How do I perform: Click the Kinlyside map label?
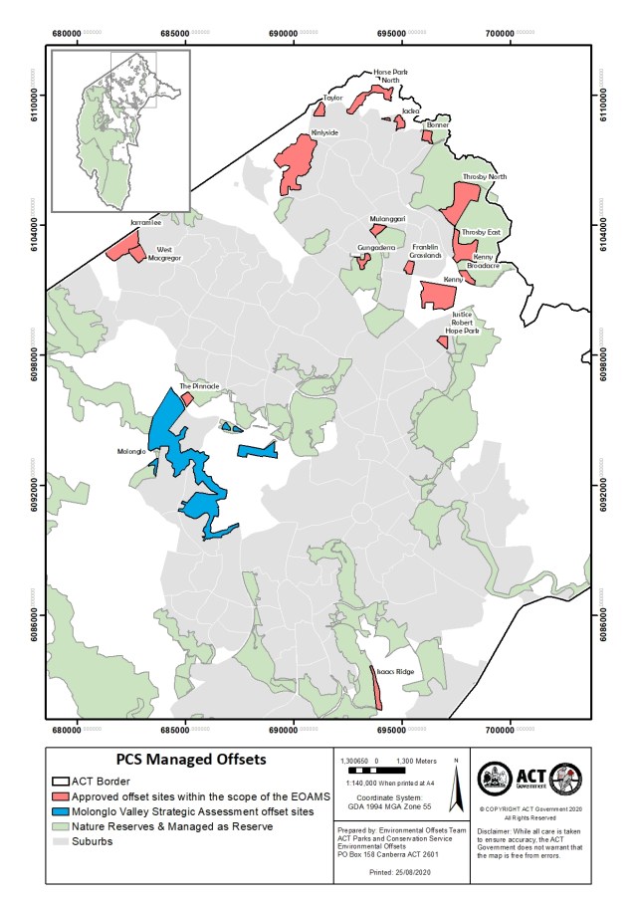pyautogui.click(x=325, y=131)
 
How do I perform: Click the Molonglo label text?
pyautogui.click(x=132, y=451)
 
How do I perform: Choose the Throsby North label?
pyautogui.click(x=484, y=177)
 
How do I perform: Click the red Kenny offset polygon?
pyautogui.click(x=437, y=295)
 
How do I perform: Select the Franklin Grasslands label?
pyautogui.click(x=426, y=251)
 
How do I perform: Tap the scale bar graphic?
pyautogui.click(x=368, y=771)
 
